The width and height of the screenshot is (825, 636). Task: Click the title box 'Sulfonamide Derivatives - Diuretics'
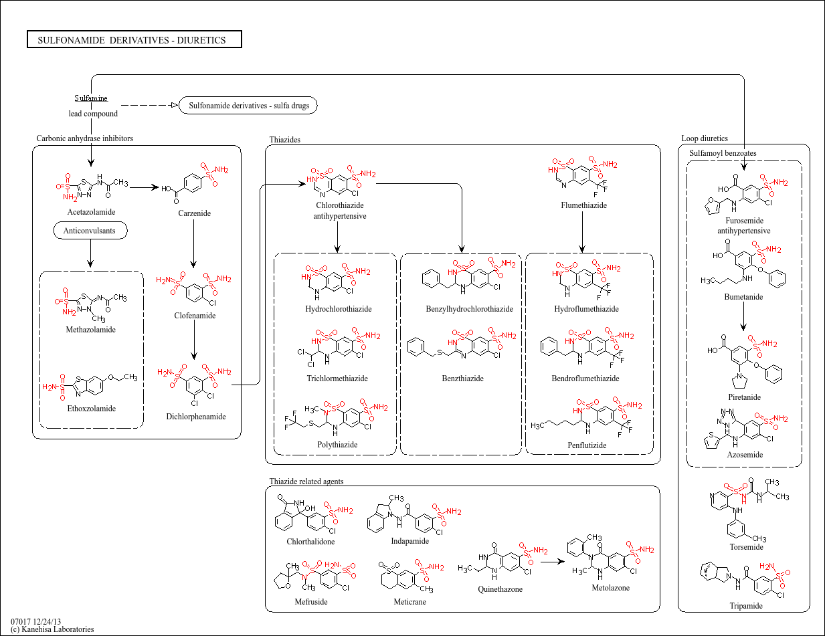pyautogui.click(x=134, y=39)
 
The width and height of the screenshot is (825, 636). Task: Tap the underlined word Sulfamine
pyautogui.click(x=91, y=98)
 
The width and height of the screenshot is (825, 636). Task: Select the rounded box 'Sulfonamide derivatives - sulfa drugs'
pyautogui.click(x=248, y=106)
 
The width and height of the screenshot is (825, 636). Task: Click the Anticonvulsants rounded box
pyautogui.click(x=90, y=230)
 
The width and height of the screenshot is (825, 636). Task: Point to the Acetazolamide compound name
pyautogui.click(x=91, y=212)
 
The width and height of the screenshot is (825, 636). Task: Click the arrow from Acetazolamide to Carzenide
pyautogui.click(x=145, y=187)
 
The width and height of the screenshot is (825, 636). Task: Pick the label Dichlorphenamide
pyautogui.click(x=196, y=416)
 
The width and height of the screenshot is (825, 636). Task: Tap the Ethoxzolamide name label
pyautogui.click(x=92, y=409)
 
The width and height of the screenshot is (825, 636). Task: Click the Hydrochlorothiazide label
pyautogui.click(x=339, y=309)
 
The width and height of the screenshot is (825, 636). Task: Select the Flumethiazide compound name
pyautogui.click(x=584, y=205)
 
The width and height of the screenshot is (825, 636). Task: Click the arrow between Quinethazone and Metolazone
pyautogui.click(x=553, y=561)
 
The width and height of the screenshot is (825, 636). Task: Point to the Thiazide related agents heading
pyautogui.click(x=306, y=481)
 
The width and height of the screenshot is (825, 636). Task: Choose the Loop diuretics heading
pyautogui.click(x=705, y=138)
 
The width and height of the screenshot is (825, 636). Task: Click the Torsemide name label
pyautogui.click(x=747, y=547)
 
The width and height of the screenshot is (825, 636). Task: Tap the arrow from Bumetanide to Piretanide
pyautogui.click(x=743, y=316)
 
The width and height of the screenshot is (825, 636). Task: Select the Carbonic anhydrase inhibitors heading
pyautogui.click(x=85, y=138)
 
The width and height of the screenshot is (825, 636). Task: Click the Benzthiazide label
pyautogui.click(x=463, y=379)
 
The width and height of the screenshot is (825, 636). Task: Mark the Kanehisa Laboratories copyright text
pyautogui.click(x=52, y=629)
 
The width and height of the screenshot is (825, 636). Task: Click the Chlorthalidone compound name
pyautogui.click(x=310, y=542)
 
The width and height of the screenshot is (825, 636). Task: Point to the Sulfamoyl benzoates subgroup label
pyautogui.click(x=723, y=153)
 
